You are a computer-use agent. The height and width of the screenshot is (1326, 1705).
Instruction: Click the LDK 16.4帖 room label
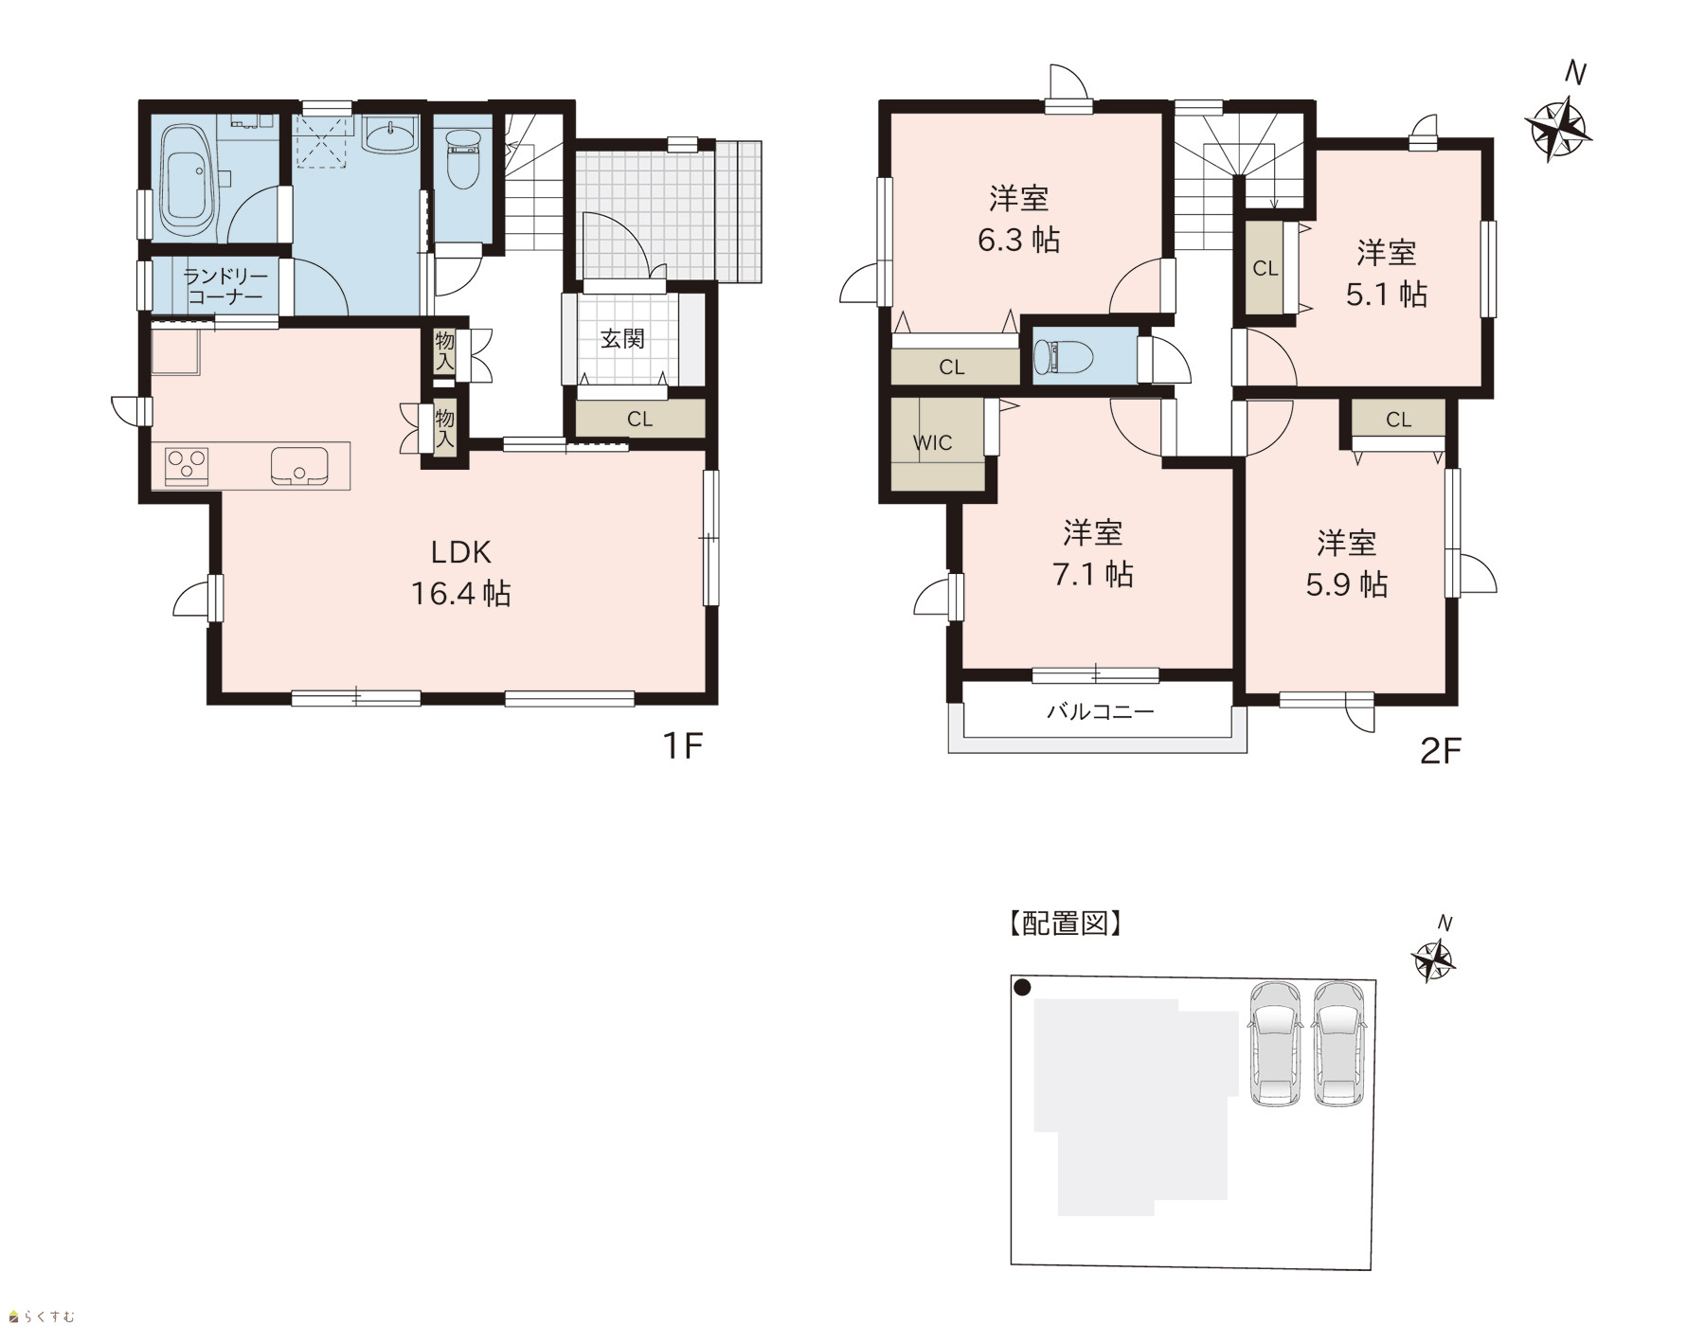pyautogui.click(x=460, y=572)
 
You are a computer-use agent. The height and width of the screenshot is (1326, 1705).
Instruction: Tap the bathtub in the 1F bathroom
pyautogui.click(x=186, y=181)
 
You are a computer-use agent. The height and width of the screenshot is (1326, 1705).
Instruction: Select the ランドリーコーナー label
pyautogui.click(x=225, y=286)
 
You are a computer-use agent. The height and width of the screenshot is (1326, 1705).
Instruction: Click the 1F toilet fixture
pyautogui.click(x=463, y=156)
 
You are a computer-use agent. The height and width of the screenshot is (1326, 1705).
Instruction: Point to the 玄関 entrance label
pyautogui.click(x=622, y=338)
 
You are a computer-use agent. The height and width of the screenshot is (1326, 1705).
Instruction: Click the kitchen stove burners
pyautogui.click(x=187, y=465)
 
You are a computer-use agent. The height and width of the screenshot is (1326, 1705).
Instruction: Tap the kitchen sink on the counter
pyautogui.click(x=299, y=466)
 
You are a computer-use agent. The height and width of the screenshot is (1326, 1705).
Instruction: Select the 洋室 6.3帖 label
pyautogui.click(x=1018, y=219)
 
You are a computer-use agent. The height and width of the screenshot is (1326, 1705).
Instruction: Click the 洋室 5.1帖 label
pyautogui.click(x=1386, y=274)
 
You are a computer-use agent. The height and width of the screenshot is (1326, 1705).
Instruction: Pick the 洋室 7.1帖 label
pyautogui.click(x=1093, y=553)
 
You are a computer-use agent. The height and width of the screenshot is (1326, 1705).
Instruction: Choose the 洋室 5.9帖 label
pyautogui.click(x=1346, y=564)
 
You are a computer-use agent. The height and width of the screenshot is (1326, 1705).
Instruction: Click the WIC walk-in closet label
pyautogui.click(x=932, y=442)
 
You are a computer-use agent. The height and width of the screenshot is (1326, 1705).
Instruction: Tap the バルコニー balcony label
pyautogui.click(x=1100, y=711)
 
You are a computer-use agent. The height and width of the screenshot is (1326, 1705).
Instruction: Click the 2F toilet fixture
pyautogui.click(x=1063, y=357)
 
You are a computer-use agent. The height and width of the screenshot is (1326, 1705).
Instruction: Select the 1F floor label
pyautogui.click(x=681, y=746)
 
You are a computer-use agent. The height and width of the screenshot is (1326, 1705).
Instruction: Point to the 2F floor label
pyautogui.click(x=1441, y=751)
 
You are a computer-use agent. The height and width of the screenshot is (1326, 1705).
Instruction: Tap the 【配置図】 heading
pyautogui.click(x=1065, y=923)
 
